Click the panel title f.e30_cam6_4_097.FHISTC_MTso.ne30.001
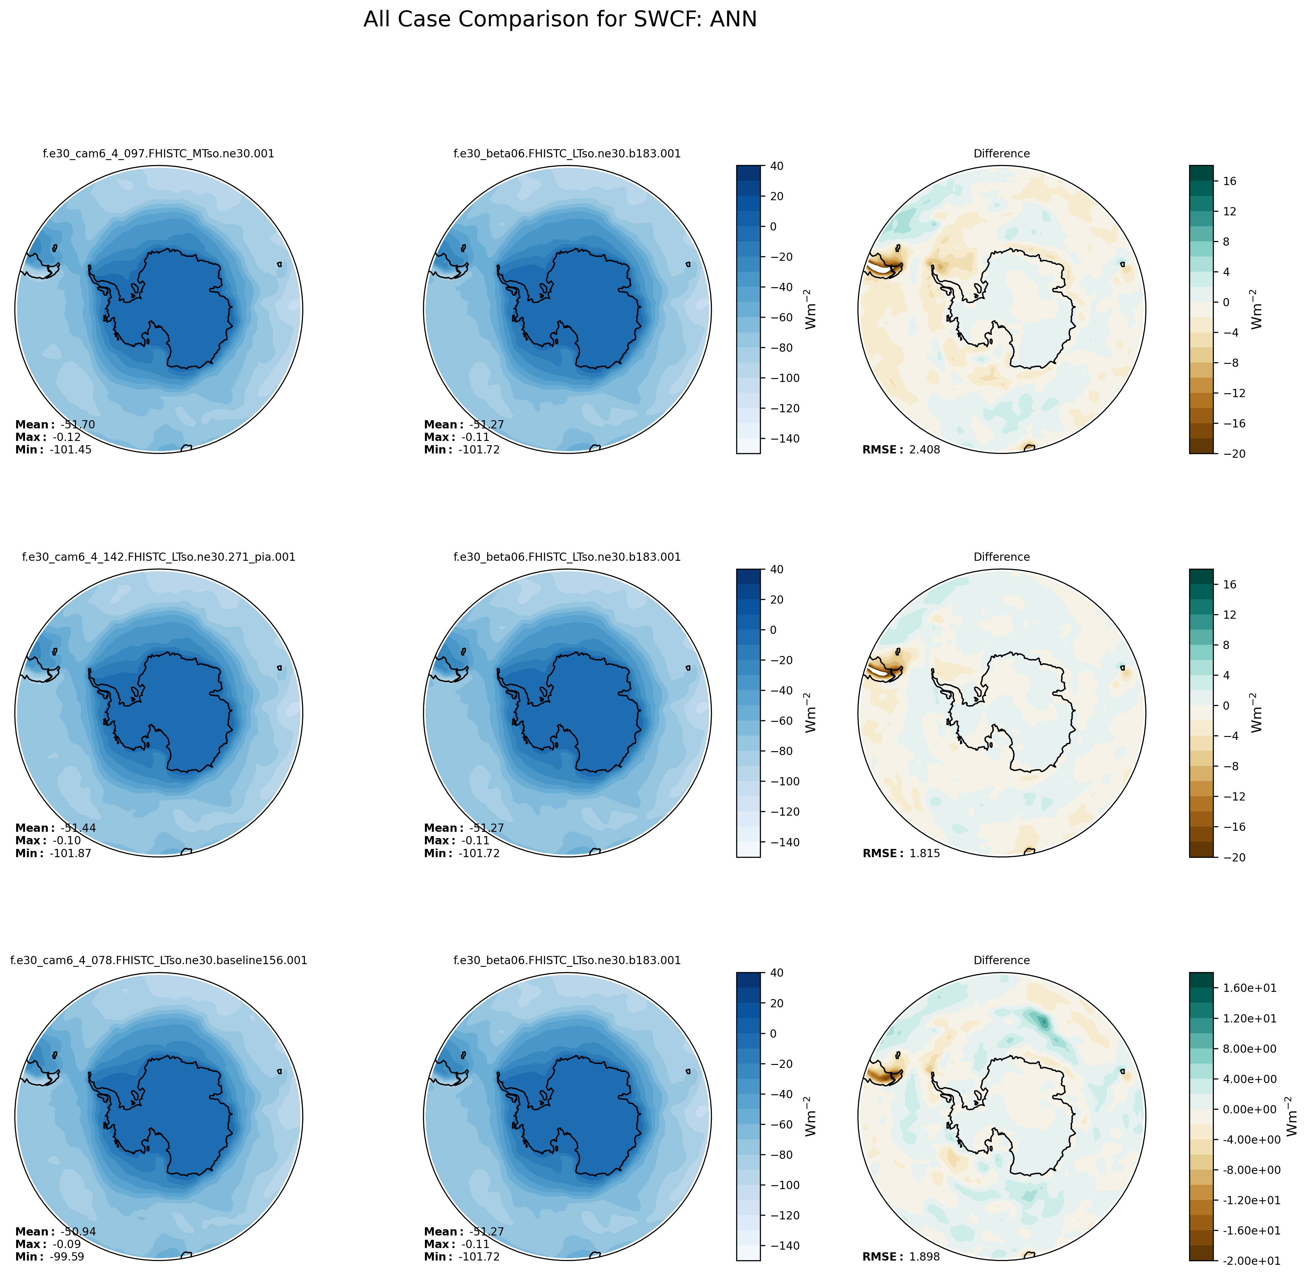[158, 153]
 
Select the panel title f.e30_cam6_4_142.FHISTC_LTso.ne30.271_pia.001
[158, 557]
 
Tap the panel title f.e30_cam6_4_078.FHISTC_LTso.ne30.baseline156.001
[158, 961]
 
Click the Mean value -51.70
[78, 424]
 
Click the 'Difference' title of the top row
[1001, 153]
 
